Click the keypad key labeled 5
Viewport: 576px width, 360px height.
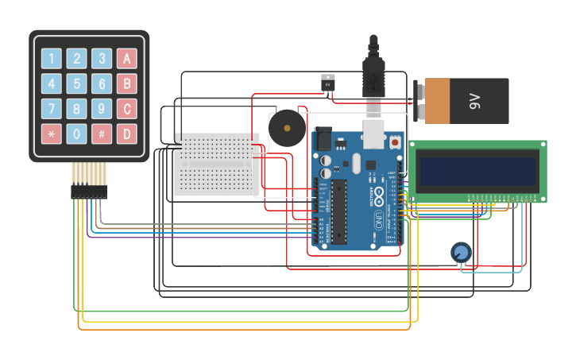pyautogui.click(x=76, y=83)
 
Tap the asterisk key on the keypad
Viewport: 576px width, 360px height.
pyautogui.click(x=51, y=134)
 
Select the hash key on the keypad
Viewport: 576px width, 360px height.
pyautogui.click(x=102, y=134)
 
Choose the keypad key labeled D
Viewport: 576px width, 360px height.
pyautogui.click(x=126, y=134)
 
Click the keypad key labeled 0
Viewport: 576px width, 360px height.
pyautogui.click(x=76, y=134)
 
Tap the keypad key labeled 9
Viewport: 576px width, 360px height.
pyautogui.click(x=102, y=109)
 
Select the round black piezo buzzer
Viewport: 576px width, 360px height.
pyautogui.click(x=286, y=129)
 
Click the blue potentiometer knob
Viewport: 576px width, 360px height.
pyautogui.click(x=460, y=253)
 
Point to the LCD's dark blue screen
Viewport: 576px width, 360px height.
pyautogui.click(x=478, y=170)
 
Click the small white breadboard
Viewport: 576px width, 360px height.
pyautogui.click(x=215, y=165)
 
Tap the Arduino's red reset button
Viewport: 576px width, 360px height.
pyautogui.click(x=395, y=142)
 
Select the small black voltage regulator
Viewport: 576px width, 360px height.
pyautogui.click(x=327, y=83)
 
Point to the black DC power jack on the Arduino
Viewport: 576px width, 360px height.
pyautogui.click(x=323, y=139)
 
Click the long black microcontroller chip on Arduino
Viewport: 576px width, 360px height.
pyautogui.click(x=339, y=211)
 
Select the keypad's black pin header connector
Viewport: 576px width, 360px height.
pyautogui.click(x=88, y=192)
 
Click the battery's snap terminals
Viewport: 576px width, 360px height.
pyautogui.click(x=419, y=101)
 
